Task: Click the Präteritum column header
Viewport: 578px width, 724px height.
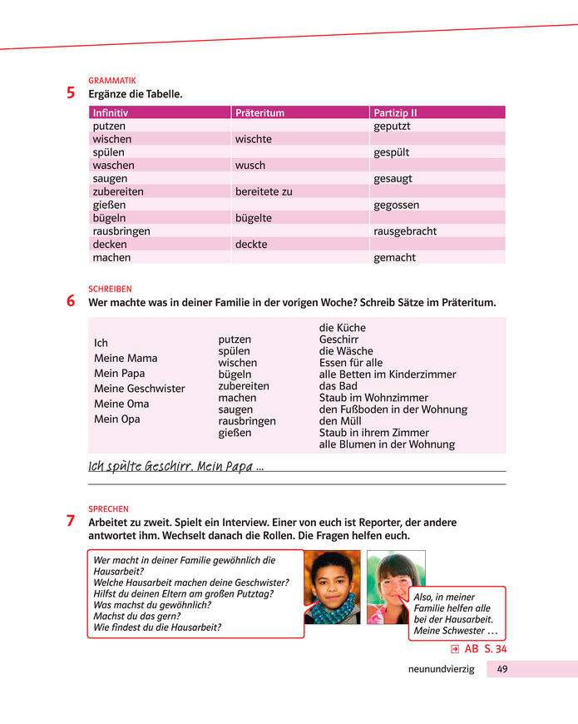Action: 259,112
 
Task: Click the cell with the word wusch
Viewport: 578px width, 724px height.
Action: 249,165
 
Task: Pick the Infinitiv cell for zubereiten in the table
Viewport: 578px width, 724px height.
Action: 118,191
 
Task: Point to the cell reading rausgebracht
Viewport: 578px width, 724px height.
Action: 405,231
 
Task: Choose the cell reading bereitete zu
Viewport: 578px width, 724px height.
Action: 264,191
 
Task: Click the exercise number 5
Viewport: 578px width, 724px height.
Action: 72,93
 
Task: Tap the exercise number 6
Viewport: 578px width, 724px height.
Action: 72,301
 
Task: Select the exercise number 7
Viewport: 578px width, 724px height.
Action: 72,522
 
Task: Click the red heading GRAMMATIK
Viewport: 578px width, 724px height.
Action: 111,81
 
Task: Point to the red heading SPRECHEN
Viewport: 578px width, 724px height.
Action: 108,508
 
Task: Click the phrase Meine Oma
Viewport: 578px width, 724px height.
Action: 121,404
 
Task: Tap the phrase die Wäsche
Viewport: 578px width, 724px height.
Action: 346,351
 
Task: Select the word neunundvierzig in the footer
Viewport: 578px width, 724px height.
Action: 441,669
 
